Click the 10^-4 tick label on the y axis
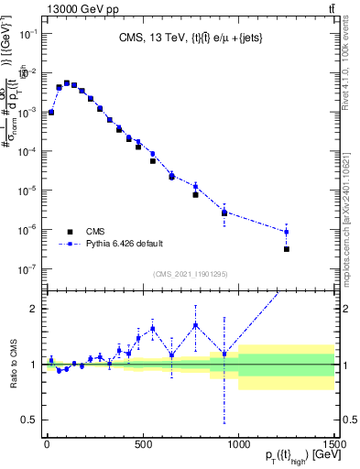click(x=29, y=151)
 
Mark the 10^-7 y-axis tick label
click(x=29, y=269)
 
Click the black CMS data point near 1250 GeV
click(x=287, y=249)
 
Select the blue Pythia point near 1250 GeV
click(x=287, y=232)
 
